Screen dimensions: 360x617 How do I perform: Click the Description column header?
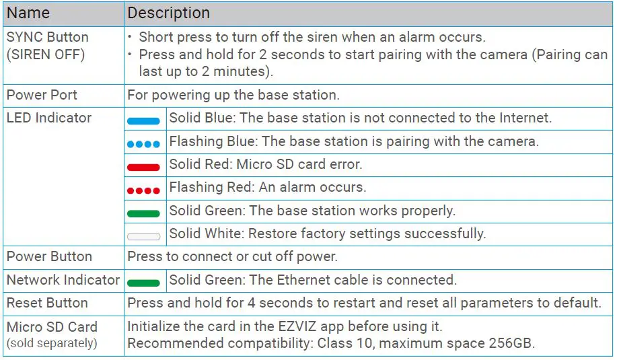pyautogui.click(x=168, y=13)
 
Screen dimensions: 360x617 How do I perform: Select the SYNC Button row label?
pyautogui.click(x=47, y=37)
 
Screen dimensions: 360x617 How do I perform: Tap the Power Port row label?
pyautogui.click(x=42, y=95)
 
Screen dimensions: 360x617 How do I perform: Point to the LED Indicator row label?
pyautogui.click(x=48, y=118)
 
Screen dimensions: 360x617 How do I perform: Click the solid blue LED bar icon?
pyautogui.click(x=143, y=121)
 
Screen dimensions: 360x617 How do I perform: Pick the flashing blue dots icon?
pyautogui.click(x=143, y=144)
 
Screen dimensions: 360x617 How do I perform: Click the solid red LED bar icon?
pyautogui.click(x=143, y=167)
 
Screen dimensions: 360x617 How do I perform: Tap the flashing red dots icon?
pyautogui.click(x=143, y=190)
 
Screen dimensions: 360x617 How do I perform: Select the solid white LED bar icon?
pyautogui.click(x=143, y=236)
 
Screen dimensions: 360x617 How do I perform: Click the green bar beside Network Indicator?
pyautogui.click(x=143, y=283)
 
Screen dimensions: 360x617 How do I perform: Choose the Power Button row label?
pyautogui.click(x=49, y=256)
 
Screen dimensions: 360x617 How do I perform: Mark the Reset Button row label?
pyautogui.click(x=47, y=303)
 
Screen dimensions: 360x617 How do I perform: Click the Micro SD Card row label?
pyautogui.click(x=52, y=327)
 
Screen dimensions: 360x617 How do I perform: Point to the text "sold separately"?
pyautogui.click(x=52, y=343)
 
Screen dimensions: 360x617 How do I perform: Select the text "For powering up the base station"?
pyautogui.click(x=233, y=95)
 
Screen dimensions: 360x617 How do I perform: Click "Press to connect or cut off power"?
pyautogui.click(x=232, y=256)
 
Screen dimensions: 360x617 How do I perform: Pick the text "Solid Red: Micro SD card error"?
pyautogui.click(x=266, y=164)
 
